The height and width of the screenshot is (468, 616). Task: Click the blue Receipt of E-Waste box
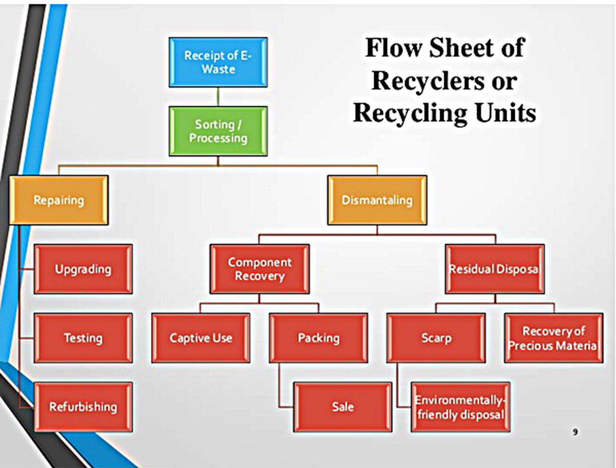pyautogui.click(x=218, y=62)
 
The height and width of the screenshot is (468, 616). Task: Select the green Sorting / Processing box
pyautogui.click(x=218, y=131)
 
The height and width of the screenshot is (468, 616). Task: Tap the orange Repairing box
pyautogui.click(x=58, y=200)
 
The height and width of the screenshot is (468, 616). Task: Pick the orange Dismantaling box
pyautogui.click(x=377, y=200)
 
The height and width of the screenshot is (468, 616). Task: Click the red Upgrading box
pyautogui.click(x=83, y=269)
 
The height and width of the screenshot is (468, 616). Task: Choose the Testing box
pyautogui.click(x=83, y=338)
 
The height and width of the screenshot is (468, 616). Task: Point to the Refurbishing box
pyautogui.click(x=83, y=407)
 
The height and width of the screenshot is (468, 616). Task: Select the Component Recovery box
pyautogui.click(x=260, y=269)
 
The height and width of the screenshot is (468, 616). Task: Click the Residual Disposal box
pyautogui.click(x=494, y=269)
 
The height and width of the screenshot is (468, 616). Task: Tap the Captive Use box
pyautogui.click(x=201, y=338)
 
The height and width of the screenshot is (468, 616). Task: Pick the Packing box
pyautogui.click(x=318, y=338)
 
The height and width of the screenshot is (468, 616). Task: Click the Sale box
pyautogui.click(x=343, y=407)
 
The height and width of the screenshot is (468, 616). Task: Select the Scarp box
pyautogui.click(x=436, y=338)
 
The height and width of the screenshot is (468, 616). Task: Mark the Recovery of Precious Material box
pyautogui.click(x=553, y=338)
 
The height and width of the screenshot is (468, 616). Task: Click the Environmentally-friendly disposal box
pyautogui.click(x=460, y=407)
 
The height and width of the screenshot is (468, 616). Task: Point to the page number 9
pyautogui.click(x=574, y=432)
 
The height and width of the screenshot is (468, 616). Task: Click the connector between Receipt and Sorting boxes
pyautogui.click(x=218, y=96)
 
